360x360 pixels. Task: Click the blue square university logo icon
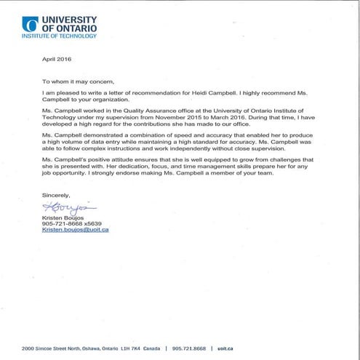(x=31, y=24)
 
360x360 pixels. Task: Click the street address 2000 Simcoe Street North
(x=62, y=348)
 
